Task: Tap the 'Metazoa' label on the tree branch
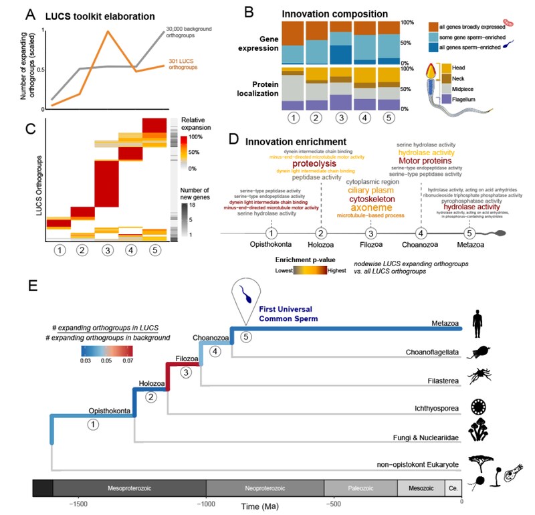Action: coord(445,324)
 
